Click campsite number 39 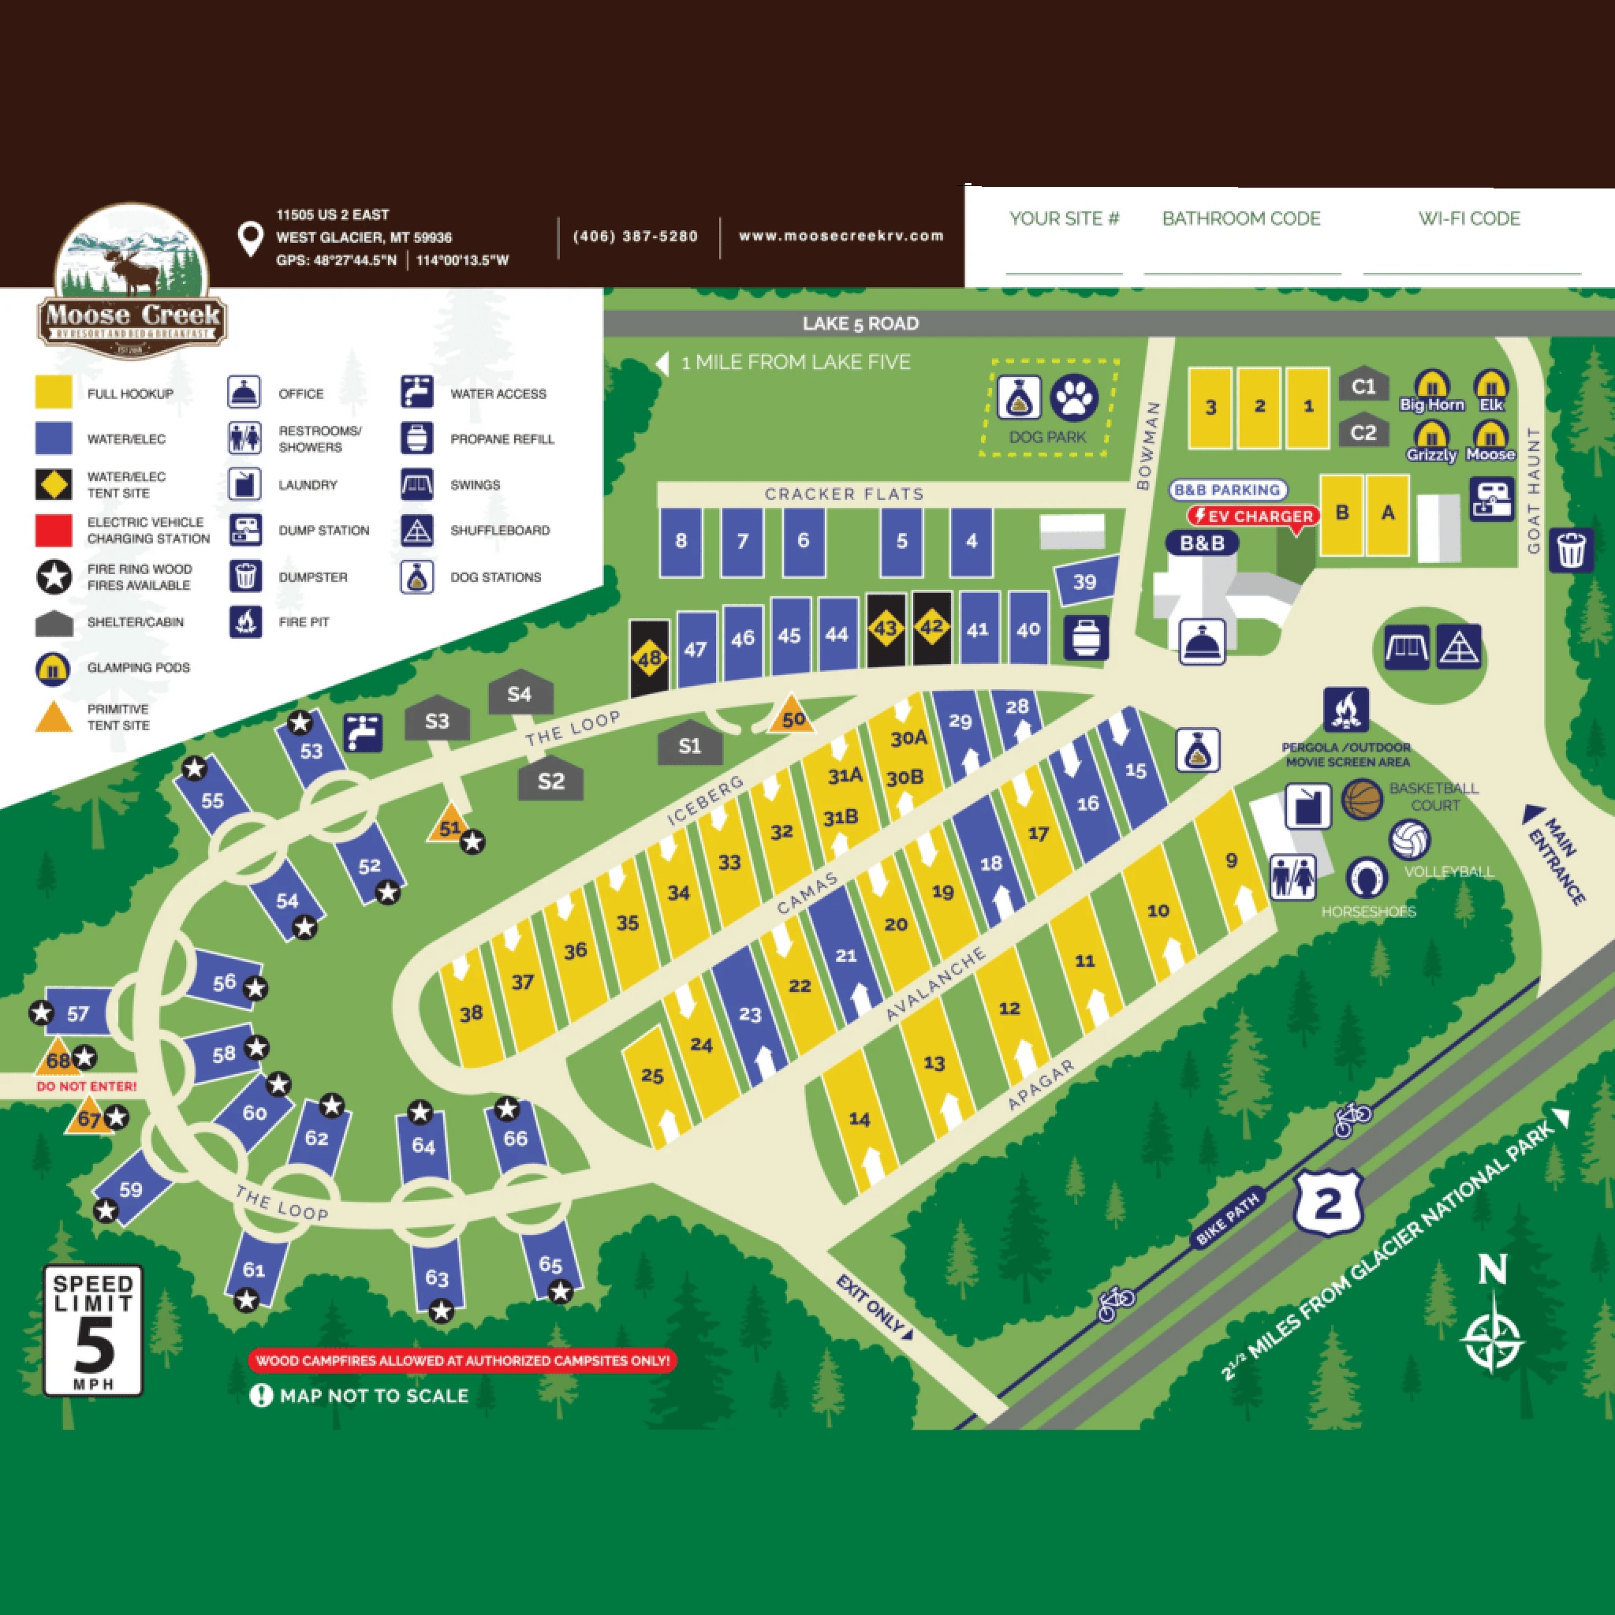[x=1084, y=581]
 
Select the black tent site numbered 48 [x=650, y=658]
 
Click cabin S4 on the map [x=520, y=693]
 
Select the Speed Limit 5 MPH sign [x=93, y=1331]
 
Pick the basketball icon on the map [x=1363, y=799]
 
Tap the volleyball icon [x=1409, y=840]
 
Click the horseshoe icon [x=1367, y=878]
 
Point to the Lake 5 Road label [x=860, y=323]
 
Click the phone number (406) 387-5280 [x=636, y=237]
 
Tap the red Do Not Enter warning [x=86, y=1087]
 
